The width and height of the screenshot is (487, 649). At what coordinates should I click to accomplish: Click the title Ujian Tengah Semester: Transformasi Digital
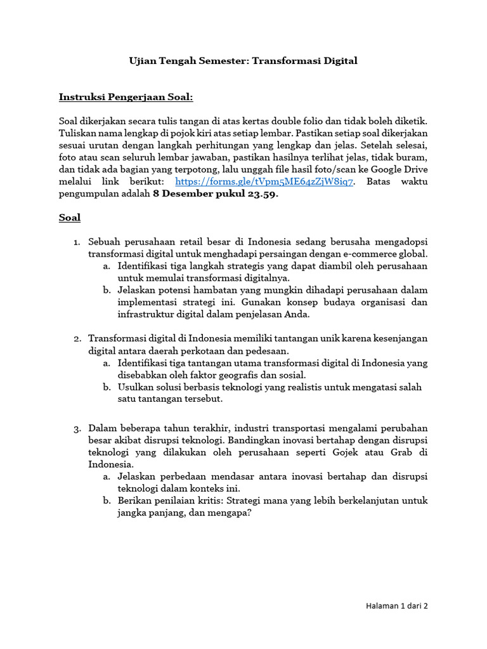click(243, 61)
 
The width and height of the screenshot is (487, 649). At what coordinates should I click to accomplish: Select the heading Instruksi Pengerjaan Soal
click(126, 97)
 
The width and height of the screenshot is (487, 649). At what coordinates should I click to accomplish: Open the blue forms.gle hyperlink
click(264, 182)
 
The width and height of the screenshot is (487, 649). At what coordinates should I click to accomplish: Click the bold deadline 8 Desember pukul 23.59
click(216, 195)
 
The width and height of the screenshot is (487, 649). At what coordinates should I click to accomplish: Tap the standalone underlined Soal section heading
click(70, 217)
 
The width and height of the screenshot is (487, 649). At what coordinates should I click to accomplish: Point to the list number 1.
click(75, 242)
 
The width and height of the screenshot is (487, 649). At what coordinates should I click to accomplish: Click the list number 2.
click(75, 339)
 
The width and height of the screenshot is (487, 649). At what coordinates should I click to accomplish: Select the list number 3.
click(75, 428)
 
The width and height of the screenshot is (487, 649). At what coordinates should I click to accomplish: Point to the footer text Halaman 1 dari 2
click(397, 606)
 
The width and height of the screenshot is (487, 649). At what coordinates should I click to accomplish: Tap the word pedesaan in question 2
click(267, 350)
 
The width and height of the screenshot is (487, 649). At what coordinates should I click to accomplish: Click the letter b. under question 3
click(107, 501)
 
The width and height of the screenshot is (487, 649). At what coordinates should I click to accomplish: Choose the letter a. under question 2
click(107, 363)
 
